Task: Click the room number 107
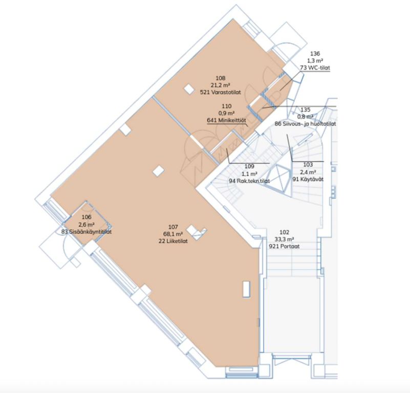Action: click(173, 227)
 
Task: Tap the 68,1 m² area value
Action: click(173, 234)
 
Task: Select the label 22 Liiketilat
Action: click(173, 241)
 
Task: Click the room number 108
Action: click(221, 78)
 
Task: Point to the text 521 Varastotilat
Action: click(221, 92)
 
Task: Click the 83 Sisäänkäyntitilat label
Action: click(87, 232)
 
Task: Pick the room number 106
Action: click(87, 217)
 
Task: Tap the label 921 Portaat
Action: click(284, 246)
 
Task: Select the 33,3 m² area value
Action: click(284, 239)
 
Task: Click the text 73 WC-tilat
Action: click(315, 68)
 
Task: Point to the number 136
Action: click(315, 54)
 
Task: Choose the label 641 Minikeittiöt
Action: click(226, 120)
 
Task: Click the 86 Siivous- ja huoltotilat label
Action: click(306, 124)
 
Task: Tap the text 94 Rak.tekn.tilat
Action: click(249, 181)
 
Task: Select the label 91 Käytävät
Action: click(308, 180)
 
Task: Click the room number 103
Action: click(308, 165)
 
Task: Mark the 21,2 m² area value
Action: click(221, 85)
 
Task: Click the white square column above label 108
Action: click(189, 89)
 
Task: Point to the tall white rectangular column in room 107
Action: click(247, 289)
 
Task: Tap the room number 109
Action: click(249, 166)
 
